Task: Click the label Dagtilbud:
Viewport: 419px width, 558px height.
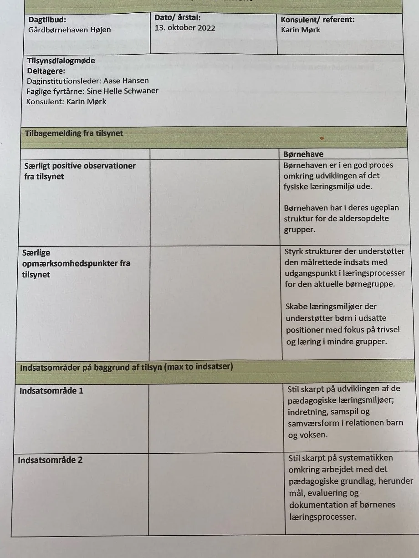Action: [47, 20]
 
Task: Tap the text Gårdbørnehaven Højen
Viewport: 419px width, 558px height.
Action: [69, 30]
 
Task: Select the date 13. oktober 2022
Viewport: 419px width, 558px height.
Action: [185, 28]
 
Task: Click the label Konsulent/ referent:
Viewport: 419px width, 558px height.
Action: [317, 20]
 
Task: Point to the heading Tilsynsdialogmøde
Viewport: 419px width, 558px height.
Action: [61, 61]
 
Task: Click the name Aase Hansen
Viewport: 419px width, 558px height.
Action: [126, 81]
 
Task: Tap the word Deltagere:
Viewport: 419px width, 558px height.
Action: [46, 71]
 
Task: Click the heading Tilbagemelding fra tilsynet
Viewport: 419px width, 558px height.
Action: [74, 133]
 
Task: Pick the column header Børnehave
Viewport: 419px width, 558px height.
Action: [303, 154]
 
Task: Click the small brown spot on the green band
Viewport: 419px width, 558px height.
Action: [322, 138]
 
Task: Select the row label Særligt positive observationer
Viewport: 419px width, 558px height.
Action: [80, 166]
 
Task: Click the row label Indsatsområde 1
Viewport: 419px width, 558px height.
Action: [51, 391]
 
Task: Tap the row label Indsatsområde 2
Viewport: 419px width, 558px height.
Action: [50, 460]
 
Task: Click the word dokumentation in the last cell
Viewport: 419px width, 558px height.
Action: [318, 505]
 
